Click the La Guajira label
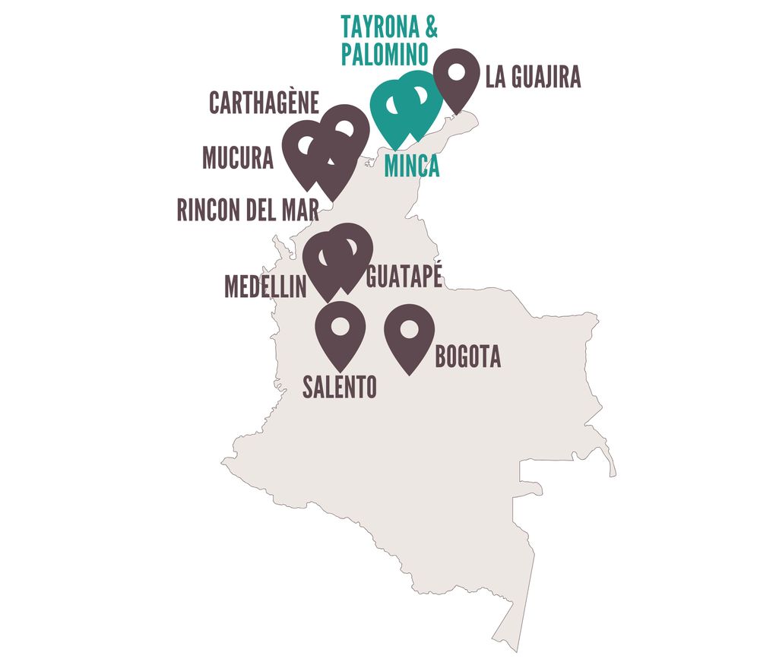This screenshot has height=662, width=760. click(533, 78)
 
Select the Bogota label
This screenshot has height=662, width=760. click(467, 357)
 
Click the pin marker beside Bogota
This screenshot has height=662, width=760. click(410, 335)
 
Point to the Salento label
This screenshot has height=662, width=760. click(340, 388)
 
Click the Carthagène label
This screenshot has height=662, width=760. click(264, 104)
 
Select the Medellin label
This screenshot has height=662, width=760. click(265, 287)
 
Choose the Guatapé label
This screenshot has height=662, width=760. click(404, 277)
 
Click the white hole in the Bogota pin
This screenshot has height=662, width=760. click(410, 329)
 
